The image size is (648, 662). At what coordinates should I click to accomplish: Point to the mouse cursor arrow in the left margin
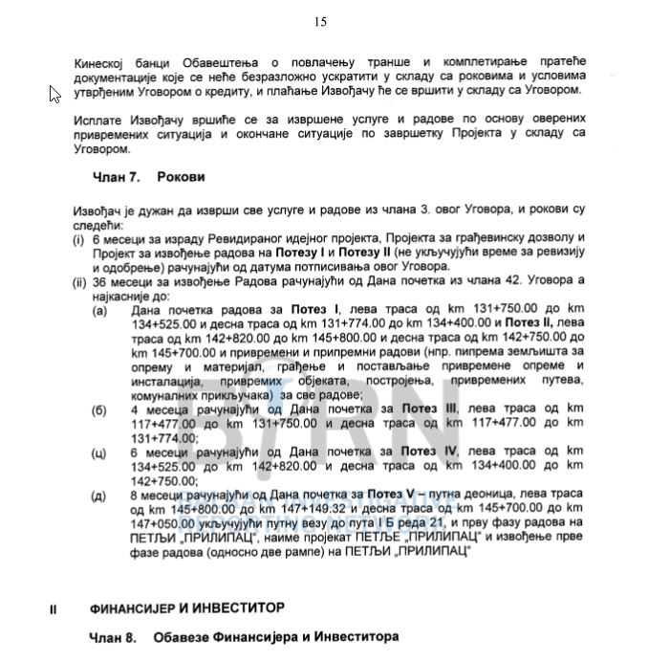pos(54,94)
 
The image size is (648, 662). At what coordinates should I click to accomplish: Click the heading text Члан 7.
pos(117,177)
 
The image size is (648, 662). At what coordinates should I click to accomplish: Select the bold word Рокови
pos(181,177)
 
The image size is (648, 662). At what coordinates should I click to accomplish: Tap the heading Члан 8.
pos(117,636)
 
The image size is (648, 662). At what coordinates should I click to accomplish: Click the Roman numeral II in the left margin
pos(54,607)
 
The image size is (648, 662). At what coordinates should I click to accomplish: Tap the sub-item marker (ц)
pos(99,451)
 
